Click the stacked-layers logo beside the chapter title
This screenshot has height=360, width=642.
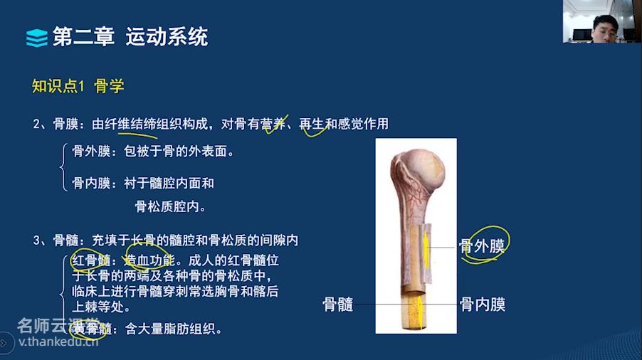(37, 38)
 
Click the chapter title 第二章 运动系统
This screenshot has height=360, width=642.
(130, 37)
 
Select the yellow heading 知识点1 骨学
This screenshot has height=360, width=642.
(78, 86)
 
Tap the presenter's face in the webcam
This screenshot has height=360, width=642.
(604, 28)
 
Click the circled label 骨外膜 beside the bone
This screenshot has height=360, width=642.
(481, 246)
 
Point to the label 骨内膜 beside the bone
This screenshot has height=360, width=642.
(483, 305)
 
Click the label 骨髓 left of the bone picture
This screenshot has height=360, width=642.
(338, 305)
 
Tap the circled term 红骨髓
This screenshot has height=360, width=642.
(91, 260)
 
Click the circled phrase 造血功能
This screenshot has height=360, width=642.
(149, 260)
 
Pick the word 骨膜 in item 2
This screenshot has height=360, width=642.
(65, 124)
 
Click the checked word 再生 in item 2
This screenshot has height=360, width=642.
(312, 124)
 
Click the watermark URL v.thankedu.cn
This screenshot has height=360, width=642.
(58, 342)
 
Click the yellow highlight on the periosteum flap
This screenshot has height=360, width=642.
(426, 250)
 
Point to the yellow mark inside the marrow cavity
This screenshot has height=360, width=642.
(419, 312)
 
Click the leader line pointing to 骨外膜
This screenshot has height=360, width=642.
(442, 248)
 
